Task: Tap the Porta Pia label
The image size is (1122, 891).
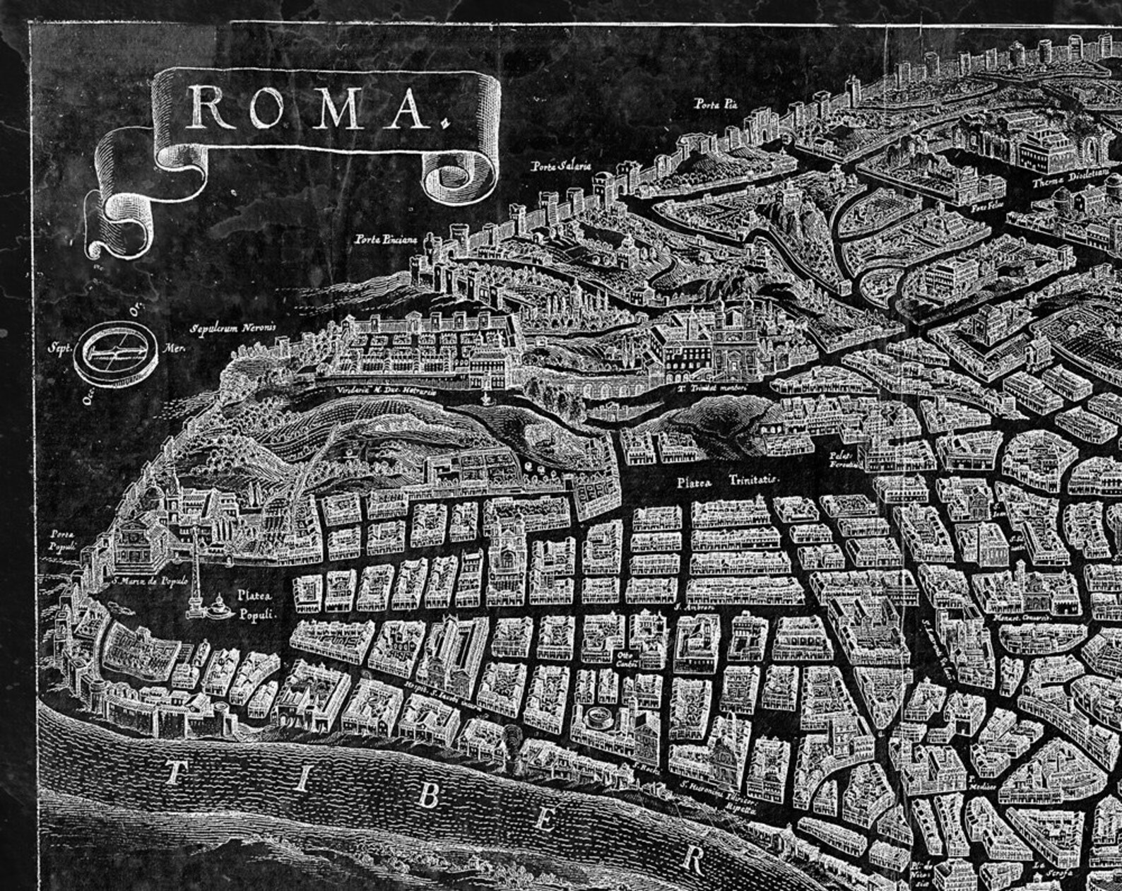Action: point(715,105)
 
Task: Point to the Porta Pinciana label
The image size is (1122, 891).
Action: point(386,240)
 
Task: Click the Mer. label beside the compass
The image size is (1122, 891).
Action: point(172,348)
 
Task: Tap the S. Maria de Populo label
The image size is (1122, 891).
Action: point(150,581)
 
